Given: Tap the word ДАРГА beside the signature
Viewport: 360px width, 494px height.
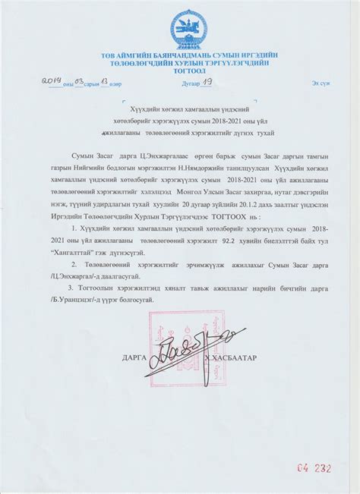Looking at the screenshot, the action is [x=134, y=355].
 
